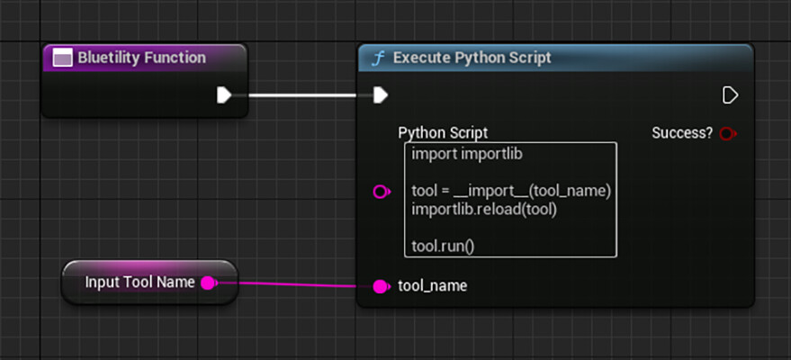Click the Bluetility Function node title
(142, 58)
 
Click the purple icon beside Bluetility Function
(63, 58)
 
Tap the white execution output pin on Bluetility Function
(224, 94)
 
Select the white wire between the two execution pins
(302, 94)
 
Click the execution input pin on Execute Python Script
(381, 94)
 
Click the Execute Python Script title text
(472, 58)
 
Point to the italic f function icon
(377, 58)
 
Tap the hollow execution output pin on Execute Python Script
(730, 94)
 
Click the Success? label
(682, 133)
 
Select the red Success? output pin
(728, 133)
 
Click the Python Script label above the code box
(443, 133)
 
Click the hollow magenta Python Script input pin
(382, 192)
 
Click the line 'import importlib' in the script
(467, 154)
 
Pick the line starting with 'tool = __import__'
(511, 192)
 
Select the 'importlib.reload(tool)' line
(484, 210)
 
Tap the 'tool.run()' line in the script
(443, 247)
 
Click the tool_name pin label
(432, 286)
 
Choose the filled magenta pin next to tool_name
(381, 286)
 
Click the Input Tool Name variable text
(139, 283)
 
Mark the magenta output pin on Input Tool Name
(208, 283)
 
